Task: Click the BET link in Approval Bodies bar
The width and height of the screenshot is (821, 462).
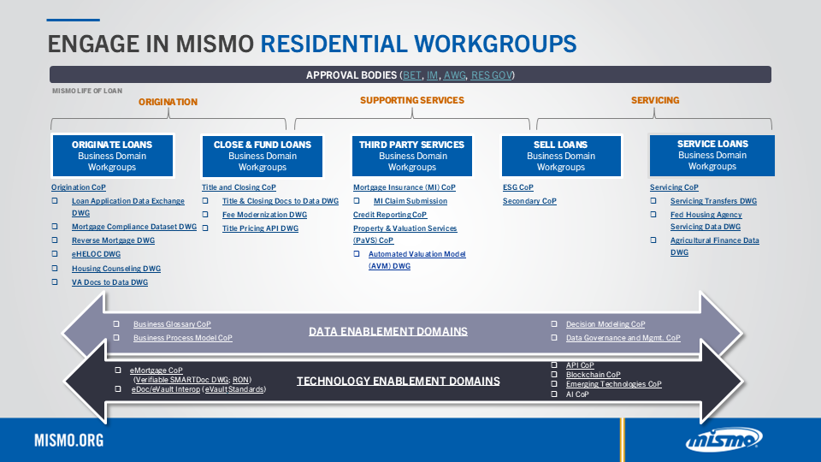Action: (x=411, y=75)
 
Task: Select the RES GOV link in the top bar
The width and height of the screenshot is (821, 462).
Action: (x=491, y=75)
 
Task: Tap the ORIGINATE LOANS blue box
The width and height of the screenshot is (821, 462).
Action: (x=112, y=156)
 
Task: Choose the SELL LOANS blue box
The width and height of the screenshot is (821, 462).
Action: (x=561, y=156)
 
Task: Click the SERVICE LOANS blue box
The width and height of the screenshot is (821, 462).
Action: (x=712, y=156)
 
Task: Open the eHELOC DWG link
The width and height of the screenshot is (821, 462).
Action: (x=96, y=254)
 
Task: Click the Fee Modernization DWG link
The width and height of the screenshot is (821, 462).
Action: (x=264, y=215)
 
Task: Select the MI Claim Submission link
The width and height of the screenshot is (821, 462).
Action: (x=410, y=201)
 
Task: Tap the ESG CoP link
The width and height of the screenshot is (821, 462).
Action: (x=518, y=187)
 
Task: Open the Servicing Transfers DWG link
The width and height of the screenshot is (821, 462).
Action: (x=713, y=201)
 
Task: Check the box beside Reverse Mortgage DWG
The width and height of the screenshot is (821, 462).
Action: (x=55, y=240)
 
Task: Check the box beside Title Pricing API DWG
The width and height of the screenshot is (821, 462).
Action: (x=205, y=228)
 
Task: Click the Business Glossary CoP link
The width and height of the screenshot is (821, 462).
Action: (x=172, y=324)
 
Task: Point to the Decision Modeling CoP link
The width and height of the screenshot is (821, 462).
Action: (x=605, y=324)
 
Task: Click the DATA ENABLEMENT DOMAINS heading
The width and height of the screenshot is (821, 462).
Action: (x=388, y=332)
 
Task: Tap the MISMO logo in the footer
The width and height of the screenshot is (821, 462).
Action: (x=724, y=439)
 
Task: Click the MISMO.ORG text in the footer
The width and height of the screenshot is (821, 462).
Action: (x=69, y=441)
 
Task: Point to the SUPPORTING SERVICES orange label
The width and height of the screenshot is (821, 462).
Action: (x=412, y=100)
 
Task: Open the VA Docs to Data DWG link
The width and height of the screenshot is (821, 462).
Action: (x=109, y=282)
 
